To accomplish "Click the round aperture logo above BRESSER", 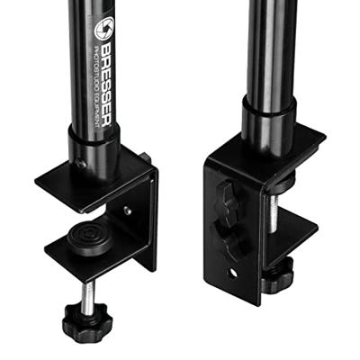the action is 104,28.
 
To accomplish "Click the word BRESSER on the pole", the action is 105,84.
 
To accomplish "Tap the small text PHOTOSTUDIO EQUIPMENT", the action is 96,87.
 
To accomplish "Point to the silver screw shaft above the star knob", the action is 89,296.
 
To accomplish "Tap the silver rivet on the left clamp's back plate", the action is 128,211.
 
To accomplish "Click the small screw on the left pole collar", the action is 82,164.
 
